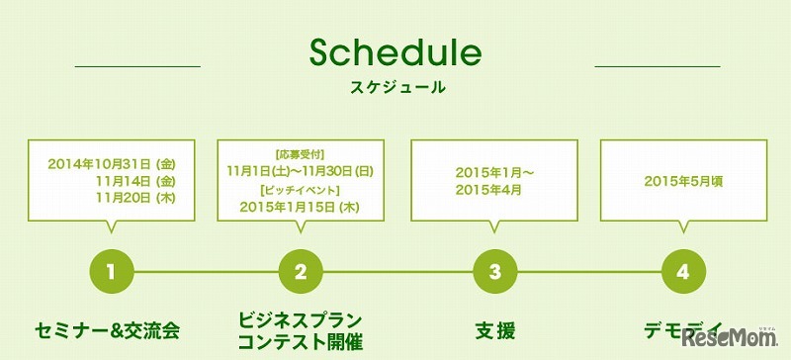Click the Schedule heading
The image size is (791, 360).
(395, 52)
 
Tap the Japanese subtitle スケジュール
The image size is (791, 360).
(396, 87)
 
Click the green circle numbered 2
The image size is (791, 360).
(301, 269)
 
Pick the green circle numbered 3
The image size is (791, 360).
(494, 269)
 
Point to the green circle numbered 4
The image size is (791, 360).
(683, 269)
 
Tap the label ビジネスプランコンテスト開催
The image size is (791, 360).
(301, 330)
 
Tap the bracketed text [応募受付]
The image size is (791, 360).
(300, 154)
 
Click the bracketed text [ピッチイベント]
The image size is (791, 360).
(300, 189)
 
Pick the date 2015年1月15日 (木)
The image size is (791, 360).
(301, 207)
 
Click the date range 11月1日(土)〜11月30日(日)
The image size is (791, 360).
(301, 171)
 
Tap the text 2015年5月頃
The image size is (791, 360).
(683, 181)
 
